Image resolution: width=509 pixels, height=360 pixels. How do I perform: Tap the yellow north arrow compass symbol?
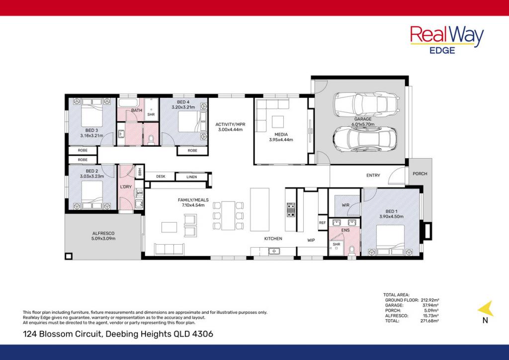[486, 309]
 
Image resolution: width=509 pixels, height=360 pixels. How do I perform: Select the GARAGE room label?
[362, 119]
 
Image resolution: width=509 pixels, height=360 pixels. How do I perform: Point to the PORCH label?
[420, 174]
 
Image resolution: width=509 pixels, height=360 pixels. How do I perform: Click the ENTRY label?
[373, 175]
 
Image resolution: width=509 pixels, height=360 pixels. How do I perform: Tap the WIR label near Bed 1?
[346, 205]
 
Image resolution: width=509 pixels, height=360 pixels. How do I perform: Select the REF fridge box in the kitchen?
[322, 223]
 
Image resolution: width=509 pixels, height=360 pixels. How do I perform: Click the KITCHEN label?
[273, 239]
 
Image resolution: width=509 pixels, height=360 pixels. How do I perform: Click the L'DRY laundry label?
[125, 187]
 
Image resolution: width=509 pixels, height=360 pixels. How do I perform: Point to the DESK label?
[161, 177]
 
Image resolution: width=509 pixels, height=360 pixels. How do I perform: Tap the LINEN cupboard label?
[191, 177]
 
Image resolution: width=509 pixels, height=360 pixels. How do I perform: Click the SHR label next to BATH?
[151, 114]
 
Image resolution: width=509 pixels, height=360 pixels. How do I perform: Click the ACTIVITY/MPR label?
[230, 124]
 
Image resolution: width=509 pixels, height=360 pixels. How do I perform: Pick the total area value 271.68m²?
[428, 321]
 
